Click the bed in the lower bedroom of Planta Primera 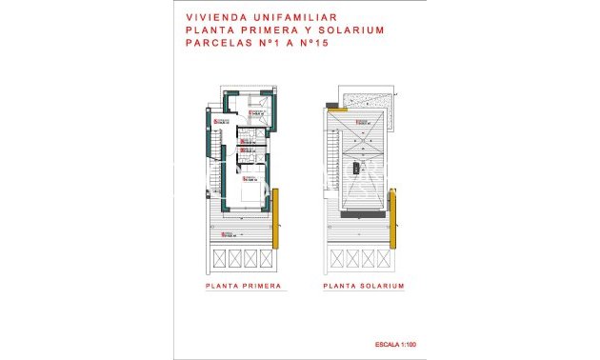[x=252, y=195]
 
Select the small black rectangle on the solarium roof [x=355, y=170]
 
